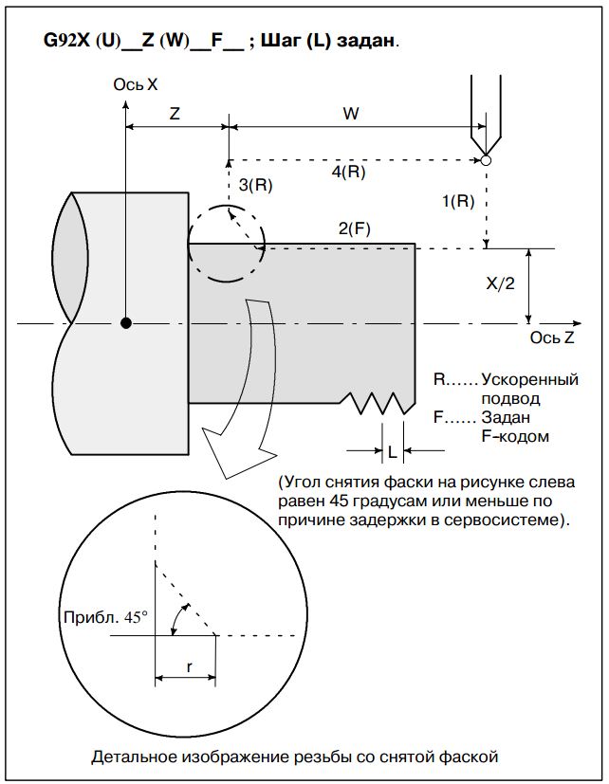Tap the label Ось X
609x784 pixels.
tap(135, 84)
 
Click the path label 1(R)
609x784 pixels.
tap(458, 200)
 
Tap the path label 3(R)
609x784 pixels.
tap(255, 186)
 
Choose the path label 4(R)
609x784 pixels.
tap(348, 173)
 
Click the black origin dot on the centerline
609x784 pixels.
tap(126, 324)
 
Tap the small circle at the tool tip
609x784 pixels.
tap(486, 160)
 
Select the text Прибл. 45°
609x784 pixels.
tap(104, 617)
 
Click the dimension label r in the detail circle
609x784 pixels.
tap(189, 667)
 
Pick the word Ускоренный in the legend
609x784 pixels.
tap(529, 379)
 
